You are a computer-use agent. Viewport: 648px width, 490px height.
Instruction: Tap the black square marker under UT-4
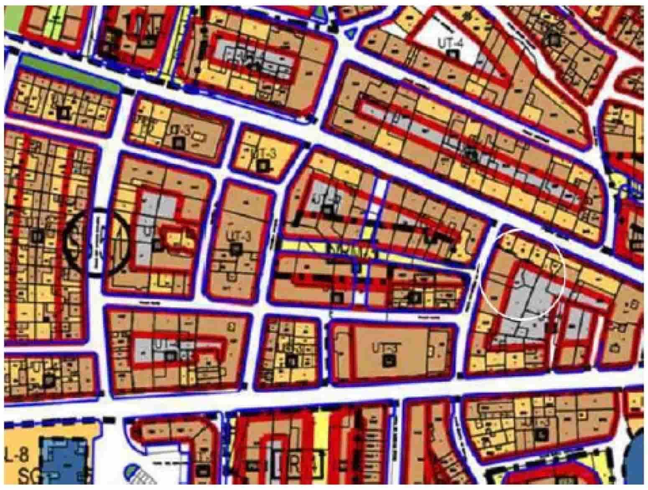point(452,53)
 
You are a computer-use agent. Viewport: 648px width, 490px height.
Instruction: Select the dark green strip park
point(69,73)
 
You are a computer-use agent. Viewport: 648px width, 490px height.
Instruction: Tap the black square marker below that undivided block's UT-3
point(390,360)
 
